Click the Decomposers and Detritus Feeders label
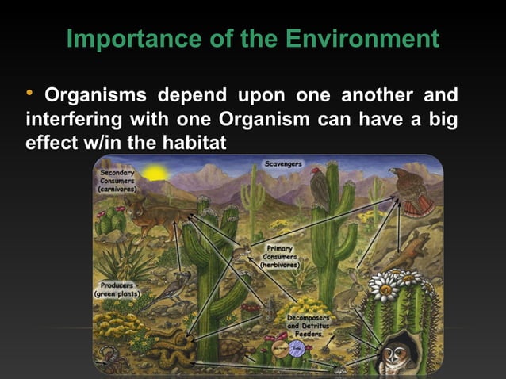tap(308, 325)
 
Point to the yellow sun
tap(152, 172)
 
